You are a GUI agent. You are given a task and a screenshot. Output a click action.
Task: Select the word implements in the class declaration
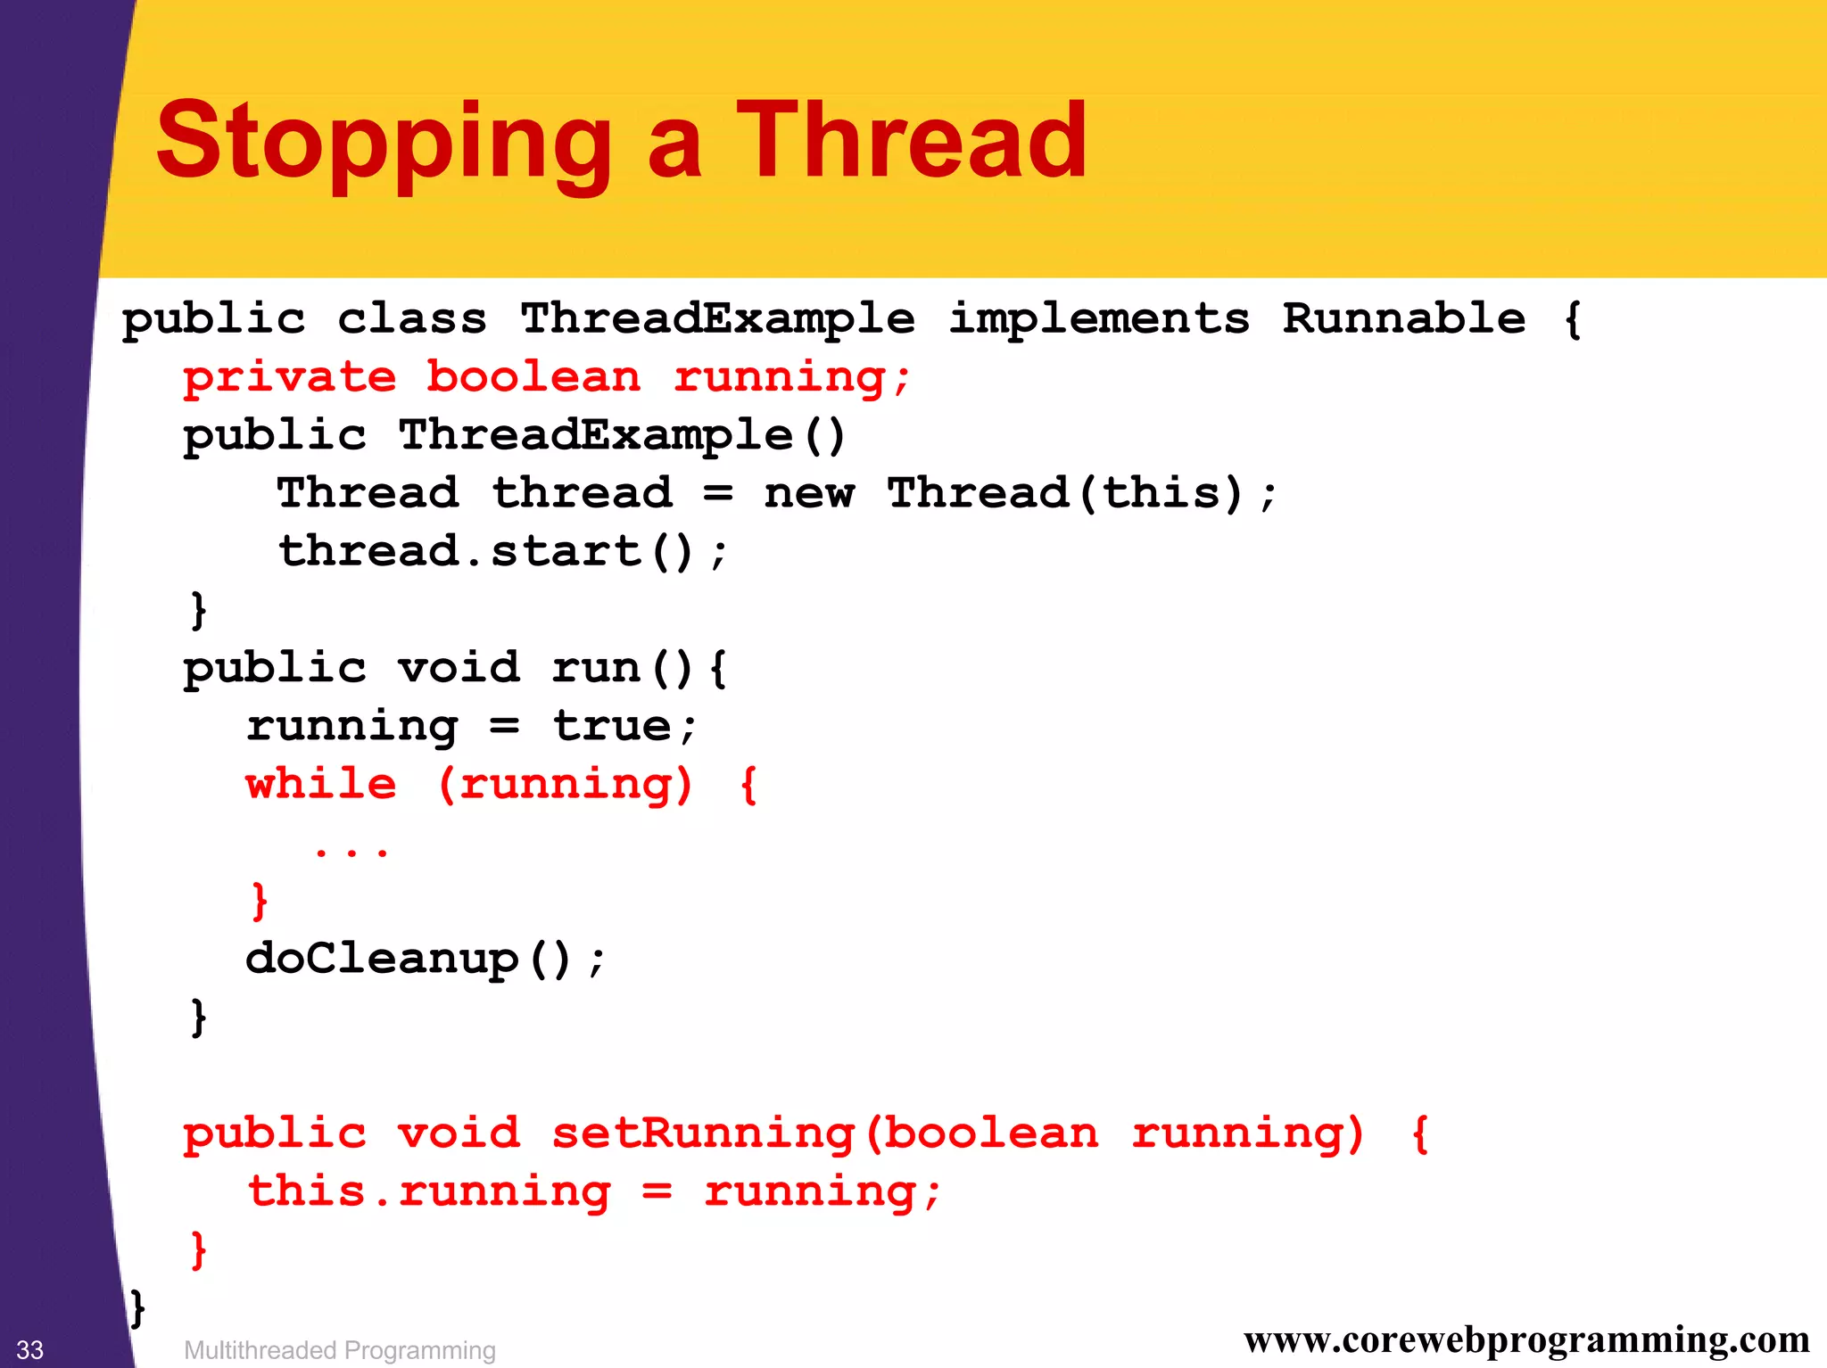(1099, 319)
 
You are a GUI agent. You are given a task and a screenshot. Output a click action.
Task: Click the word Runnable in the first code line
(1404, 319)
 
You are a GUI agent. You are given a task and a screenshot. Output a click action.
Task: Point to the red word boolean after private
(533, 377)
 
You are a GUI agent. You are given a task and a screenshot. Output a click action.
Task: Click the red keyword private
(290, 377)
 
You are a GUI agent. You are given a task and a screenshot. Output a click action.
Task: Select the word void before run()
(459, 668)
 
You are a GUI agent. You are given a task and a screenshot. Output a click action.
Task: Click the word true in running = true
(612, 726)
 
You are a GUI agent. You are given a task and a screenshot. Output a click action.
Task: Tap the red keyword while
(321, 784)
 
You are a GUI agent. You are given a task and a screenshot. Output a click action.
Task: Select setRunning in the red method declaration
(703, 1133)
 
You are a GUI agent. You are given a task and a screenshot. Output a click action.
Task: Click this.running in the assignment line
(429, 1191)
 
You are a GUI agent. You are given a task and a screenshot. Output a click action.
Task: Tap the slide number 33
(30, 1349)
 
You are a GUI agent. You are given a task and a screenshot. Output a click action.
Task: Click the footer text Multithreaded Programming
(339, 1350)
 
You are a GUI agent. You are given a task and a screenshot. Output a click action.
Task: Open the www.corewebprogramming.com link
(1526, 1339)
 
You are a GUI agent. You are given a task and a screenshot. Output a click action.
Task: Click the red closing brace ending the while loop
(259, 901)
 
